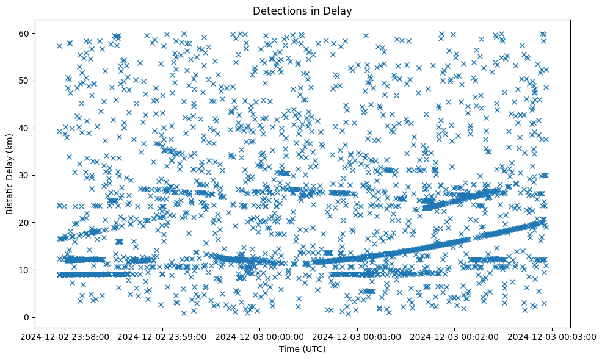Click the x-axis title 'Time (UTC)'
tap(301, 349)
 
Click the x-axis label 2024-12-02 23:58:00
tap(65, 336)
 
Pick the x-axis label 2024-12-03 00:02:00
tap(455, 336)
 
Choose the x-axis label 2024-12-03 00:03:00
tap(552, 336)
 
